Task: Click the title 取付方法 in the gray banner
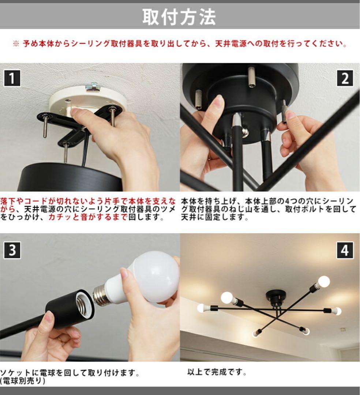tap(179, 17)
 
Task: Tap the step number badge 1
tap(12, 78)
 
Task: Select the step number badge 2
tap(345, 78)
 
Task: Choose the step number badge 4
tap(345, 250)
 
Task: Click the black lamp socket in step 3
tap(69, 309)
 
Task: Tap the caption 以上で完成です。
tap(217, 372)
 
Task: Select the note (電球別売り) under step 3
tap(23, 381)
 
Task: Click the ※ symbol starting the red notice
tap(16, 44)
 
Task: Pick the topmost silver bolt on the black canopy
tap(251, 77)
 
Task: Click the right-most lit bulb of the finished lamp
tap(337, 311)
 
